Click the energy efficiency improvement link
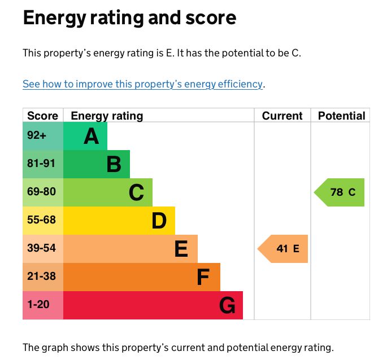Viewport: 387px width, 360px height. pos(143,84)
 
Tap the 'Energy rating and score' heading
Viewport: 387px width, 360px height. pos(129,19)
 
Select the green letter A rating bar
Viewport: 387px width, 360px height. pos(85,136)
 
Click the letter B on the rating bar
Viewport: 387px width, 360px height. pos(114,164)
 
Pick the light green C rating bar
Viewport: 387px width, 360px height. pos(108,192)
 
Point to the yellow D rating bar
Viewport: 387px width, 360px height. pos(119,221)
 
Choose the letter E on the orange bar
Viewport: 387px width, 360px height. pos(181,249)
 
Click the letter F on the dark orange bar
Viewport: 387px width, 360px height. pos(203,277)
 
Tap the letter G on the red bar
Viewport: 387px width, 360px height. pos(227,305)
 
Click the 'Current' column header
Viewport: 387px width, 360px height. pos(282,116)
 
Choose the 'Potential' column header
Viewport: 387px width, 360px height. pos(341,116)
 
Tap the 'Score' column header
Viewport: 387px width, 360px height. pos(43,116)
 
